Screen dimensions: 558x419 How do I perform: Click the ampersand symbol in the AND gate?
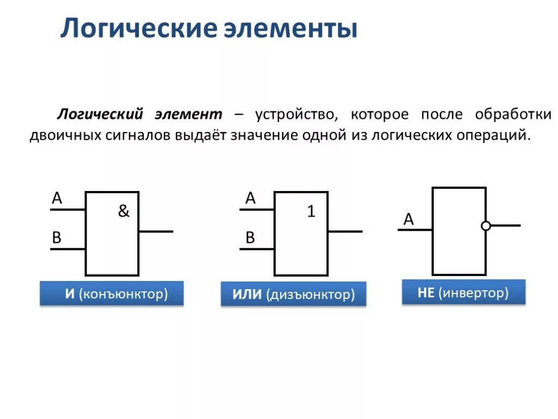pos(124,212)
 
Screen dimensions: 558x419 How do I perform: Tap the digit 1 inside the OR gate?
pos(311,212)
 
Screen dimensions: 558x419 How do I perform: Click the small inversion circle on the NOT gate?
pos(486,225)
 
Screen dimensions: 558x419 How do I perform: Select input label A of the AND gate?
pos(57,199)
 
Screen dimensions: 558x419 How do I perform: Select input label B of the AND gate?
pos(57,238)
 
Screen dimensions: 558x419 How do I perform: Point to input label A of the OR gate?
pos(250,199)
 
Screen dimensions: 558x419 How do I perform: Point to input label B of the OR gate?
pos(250,238)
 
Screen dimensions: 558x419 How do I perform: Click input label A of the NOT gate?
pos(409,220)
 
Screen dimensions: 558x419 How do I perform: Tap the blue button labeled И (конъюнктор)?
pos(112,294)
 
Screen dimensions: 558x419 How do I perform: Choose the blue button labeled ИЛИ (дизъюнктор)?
pos(293,295)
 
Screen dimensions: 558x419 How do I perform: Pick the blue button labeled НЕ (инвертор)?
pos(463,292)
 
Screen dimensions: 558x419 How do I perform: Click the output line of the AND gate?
pos(156,231)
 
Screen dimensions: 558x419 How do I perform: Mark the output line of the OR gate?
pos(345,231)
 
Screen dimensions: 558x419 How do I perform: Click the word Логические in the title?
pos(138,28)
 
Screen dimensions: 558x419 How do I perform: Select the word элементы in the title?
pos(291,28)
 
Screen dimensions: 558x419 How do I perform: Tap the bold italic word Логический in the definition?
pos(101,115)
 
